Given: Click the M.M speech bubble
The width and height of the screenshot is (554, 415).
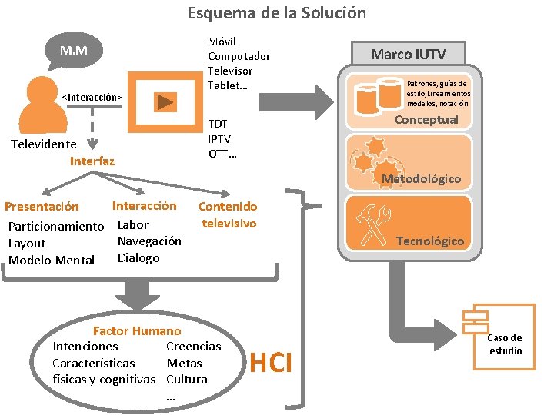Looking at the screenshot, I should pyautogui.click(x=74, y=51).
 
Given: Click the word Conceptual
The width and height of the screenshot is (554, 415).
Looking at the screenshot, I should pyautogui.click(x=426, y=119).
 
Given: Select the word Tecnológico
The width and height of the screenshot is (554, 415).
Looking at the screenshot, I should pyautogui.click(x=429, y=241).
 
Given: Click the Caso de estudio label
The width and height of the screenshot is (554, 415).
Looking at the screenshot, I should pyautogui.click(x=505, y=344).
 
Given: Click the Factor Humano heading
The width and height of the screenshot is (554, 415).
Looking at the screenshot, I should pyautogui.click(x=136, y=331).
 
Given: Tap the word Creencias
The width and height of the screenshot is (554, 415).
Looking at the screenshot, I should pyautogui.click(x=193, y=347).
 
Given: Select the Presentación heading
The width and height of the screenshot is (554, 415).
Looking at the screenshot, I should pyautogui.click(x=42, y=206).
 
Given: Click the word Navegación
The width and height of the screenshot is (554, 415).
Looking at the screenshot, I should pyautogui.click(x=149, y=241).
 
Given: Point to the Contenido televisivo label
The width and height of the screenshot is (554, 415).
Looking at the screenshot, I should pyautogui.click(x=228, y=214).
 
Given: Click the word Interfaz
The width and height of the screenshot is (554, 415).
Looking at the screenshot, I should pyautogui.click(x=92, y=161).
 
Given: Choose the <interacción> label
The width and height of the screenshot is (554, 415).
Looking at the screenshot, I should pyautogui.click(x=92, y=98).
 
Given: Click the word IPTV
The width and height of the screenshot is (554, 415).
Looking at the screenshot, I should pyautogui.click(x=219, y=138).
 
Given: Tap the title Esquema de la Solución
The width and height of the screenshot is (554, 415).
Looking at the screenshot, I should pyautogui.click(x=277, y=13).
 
